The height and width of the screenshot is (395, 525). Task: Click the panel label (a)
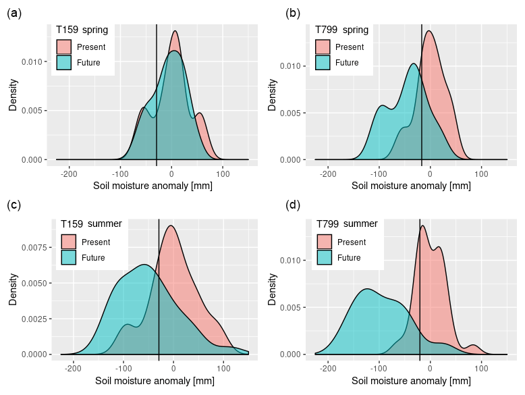tap(14, 13)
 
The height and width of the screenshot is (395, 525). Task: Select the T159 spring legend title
tap(82, 30)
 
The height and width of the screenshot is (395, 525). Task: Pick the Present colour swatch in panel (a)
tap(63, 47)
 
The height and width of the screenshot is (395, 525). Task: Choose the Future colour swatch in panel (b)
tap(323, 63)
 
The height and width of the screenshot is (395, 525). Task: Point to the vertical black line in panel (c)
tap(159, 290)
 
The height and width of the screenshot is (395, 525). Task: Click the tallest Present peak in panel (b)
tap(429, 31)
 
